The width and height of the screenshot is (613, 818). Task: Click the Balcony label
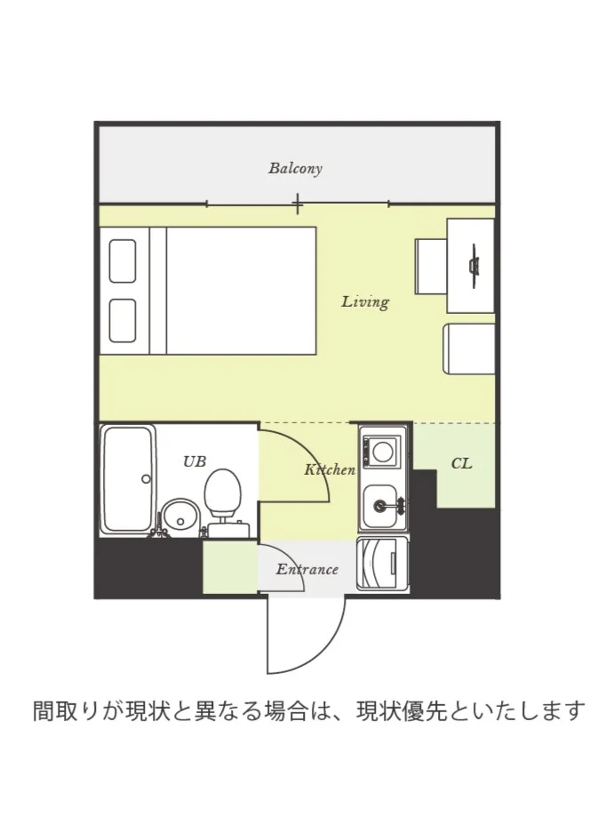point(295,169)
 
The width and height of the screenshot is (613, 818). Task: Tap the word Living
point(365,301)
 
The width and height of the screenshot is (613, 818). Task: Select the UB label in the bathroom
point(195,461)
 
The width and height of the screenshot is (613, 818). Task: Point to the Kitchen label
point(330,469)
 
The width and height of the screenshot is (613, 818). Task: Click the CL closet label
point(461,463)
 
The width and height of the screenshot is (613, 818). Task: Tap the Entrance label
point(307,569)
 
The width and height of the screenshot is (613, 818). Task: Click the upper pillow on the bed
point(123,261)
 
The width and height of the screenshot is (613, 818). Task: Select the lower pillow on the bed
point(123,321)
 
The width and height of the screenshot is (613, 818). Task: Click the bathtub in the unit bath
point(128,479)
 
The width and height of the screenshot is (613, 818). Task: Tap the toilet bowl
point(223,493)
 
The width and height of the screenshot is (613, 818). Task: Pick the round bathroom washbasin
point(179,517)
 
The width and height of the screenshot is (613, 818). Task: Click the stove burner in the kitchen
point(384,452)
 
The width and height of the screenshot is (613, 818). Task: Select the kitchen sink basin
point(380,506)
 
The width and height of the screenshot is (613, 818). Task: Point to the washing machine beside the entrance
point(384,564)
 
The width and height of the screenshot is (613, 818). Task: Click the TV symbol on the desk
point(474,266)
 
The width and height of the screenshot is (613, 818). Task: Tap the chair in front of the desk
point(431,267)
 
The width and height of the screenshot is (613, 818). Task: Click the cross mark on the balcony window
point(297,204)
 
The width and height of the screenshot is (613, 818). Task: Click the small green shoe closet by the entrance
point(230,567)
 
